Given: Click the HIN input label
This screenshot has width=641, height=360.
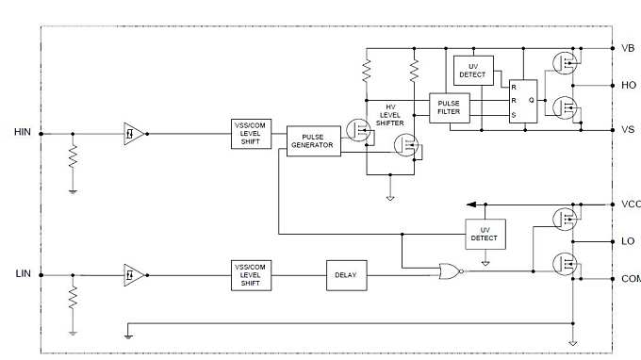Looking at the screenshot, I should pyautogui.click(x=23, y=132).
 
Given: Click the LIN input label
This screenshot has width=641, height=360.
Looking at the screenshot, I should pyautogui.click(x=24, y=273).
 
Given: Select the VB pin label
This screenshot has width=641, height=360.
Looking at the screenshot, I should pyautogui.click(x=628, y=47).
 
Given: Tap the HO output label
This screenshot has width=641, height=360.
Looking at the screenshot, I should pyautogui.click(x=629, y=85).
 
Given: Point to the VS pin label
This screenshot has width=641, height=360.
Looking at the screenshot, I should pyautogui.click(x=628, y=129).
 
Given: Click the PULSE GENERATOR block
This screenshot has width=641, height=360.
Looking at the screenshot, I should pyautogui.click(x=313, y=141).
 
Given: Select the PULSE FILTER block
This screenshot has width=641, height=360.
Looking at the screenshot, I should pyautogui.click(x=449, y=106).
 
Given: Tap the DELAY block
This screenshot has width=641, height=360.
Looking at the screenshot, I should pyautogui.click(x=344, y=274).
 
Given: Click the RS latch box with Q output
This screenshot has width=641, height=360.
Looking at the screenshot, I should pyautogui.click(x=522, y=99).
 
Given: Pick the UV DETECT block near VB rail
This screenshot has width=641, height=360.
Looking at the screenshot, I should pyautogui.click(x=473, y=71).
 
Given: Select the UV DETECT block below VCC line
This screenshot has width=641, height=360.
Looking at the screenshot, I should pyautogui.click(x=485, y=234).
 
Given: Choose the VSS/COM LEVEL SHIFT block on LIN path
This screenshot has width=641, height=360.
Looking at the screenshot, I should pyautogui.click(x=252, y=274).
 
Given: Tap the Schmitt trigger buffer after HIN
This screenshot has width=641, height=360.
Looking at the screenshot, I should pyautogui.click(x=134, y=133).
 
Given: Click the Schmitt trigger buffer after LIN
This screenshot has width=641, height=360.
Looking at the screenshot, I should pyautogui.click(x=134, y=274).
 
